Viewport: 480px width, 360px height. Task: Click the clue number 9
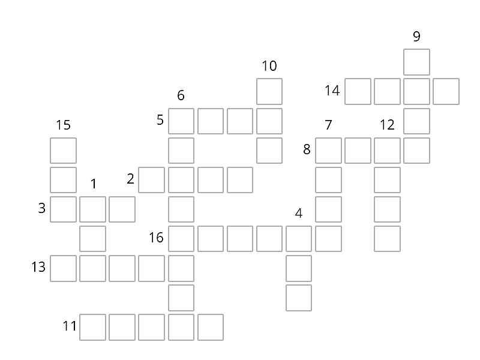click(x=416, y=37)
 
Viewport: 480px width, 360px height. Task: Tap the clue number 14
click(x=332, y=91)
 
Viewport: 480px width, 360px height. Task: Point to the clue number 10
click(x=269, y=66)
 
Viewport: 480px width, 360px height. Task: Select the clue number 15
click(x=64, y=125)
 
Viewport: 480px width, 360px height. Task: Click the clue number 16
click(x=156, y=238)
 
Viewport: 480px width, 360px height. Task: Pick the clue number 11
click(x=70, y=326)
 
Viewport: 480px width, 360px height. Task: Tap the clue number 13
click(x=38, y=267)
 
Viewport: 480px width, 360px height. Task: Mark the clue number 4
click(x=299, y=213)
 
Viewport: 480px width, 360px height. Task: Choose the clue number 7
click(x=328, y=125)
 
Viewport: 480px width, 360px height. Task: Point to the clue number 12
click(x=387, y=125)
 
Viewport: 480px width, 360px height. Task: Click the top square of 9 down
click(x=416, y=62)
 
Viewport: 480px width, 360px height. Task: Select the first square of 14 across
click(x=358, y=92)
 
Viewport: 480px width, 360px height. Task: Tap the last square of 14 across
click(x=446, y=92)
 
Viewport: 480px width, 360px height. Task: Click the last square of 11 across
click(x=211, y=327)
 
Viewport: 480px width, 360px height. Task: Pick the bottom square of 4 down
click(x=299, y=298)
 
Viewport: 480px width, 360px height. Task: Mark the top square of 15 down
click(x=64, y=151)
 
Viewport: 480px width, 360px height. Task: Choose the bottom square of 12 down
click(x=387, y=239)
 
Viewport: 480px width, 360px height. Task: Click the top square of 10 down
click(x=269, y=92)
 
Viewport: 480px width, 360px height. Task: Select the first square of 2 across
click(x=152, y=180)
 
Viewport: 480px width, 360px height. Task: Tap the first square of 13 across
click(x=64, y=268)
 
